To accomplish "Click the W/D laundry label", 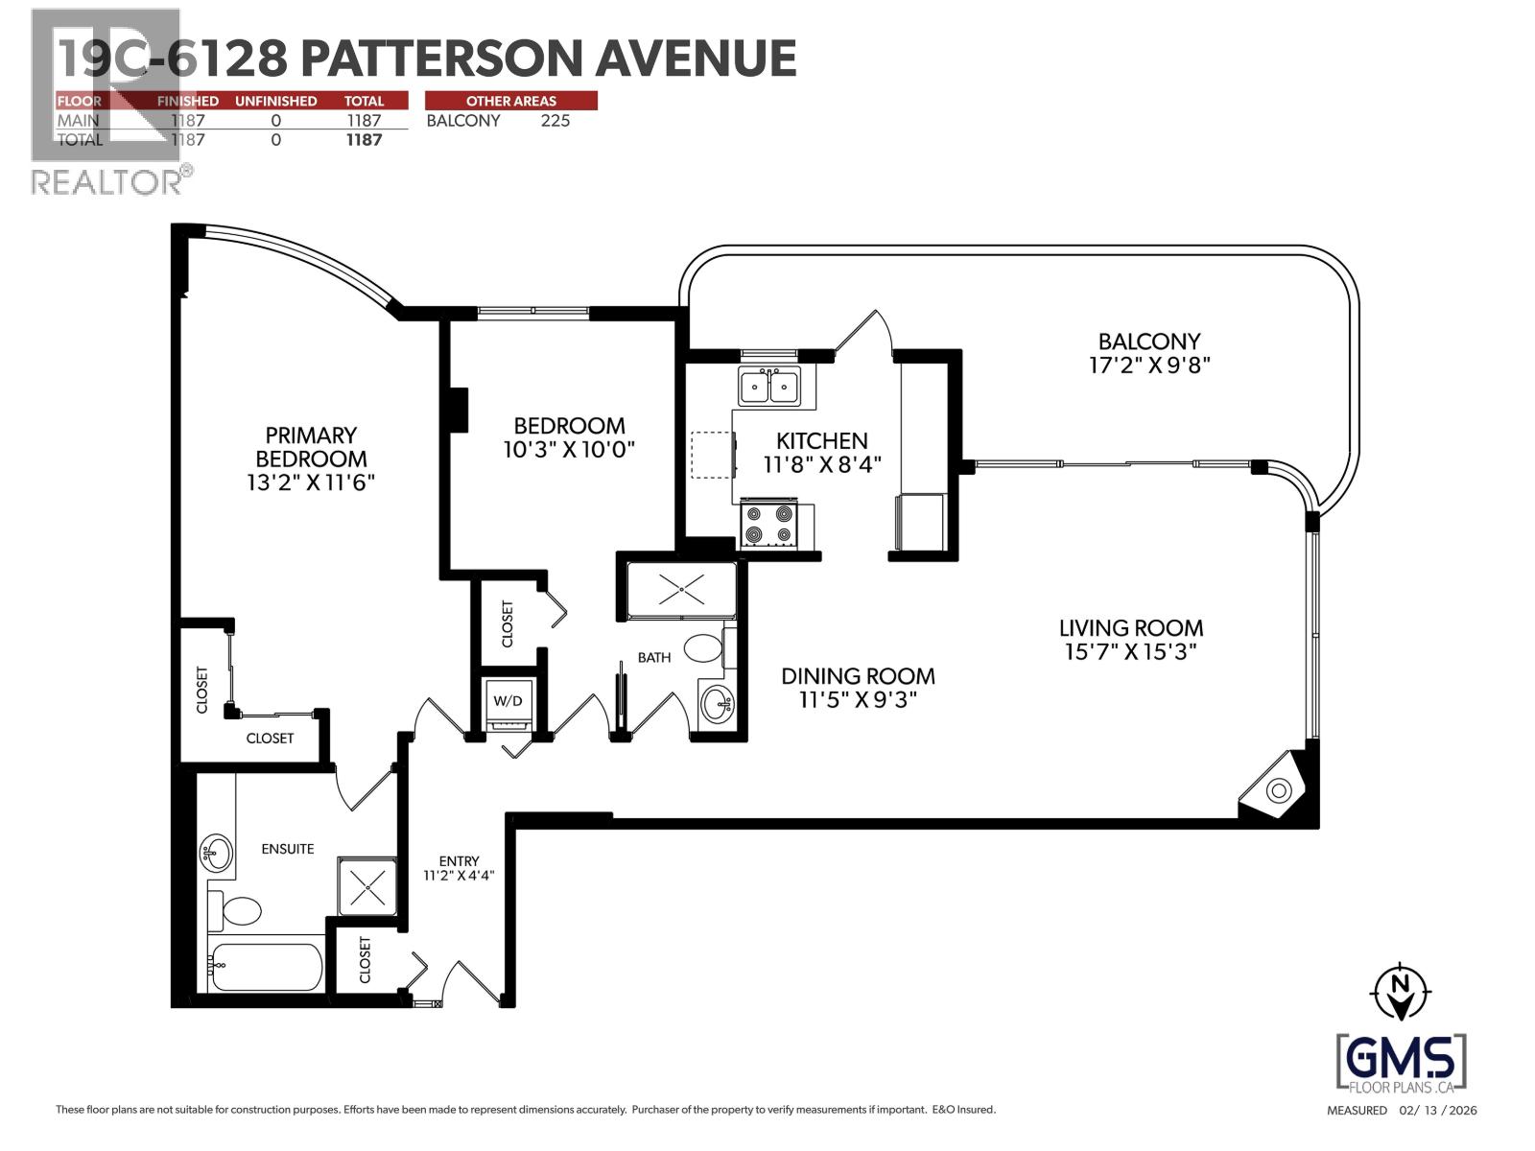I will point(508,701).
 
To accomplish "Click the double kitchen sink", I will point(769,388).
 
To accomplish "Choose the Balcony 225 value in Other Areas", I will point(555,121).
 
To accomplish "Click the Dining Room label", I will point(857,676).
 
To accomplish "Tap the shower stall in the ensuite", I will point(366,888).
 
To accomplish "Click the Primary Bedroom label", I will point(310,447).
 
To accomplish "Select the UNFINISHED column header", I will point(275,101).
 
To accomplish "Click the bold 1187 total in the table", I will point(364,140).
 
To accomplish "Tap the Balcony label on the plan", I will point(1148,341).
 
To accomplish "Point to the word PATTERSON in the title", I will point(441,59).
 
